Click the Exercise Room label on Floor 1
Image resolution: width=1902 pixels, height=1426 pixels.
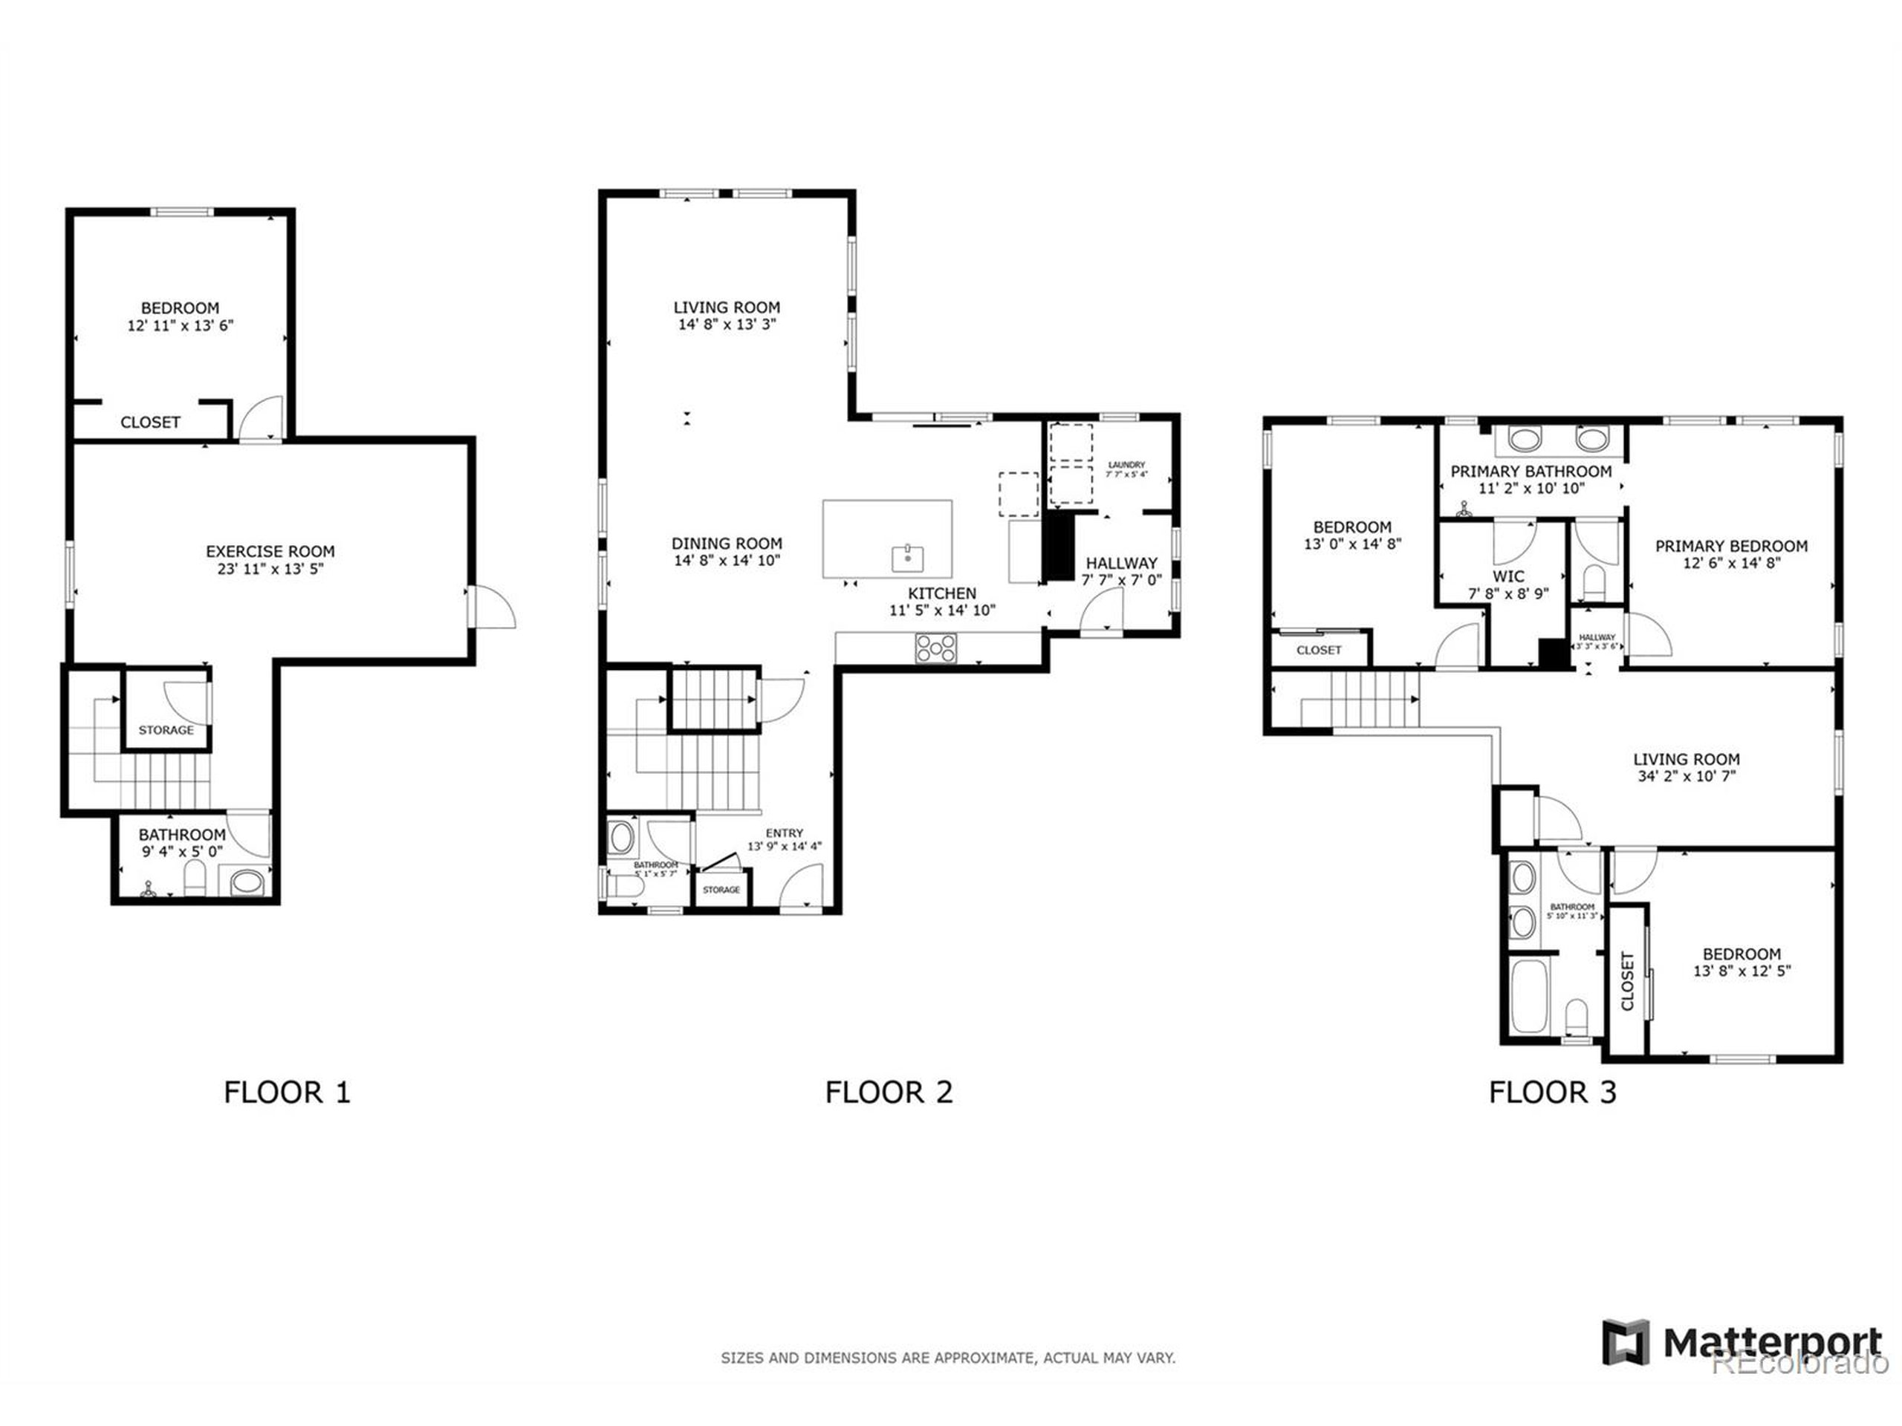pos(270,551)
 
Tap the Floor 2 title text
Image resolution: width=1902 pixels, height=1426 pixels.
pos(889,1093)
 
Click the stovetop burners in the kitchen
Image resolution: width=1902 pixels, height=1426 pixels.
pos(935,648)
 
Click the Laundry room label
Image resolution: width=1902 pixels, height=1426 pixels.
pos(1126,465)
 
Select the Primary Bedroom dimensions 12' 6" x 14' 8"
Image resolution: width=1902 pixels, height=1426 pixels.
pos(1731,564)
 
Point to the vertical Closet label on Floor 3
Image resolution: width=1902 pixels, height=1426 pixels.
pos(1627,981)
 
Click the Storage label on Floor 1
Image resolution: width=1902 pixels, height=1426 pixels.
pos(166,730)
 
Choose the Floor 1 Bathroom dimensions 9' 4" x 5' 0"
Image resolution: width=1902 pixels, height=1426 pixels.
pos(181,852)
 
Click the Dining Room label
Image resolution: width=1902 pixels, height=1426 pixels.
pos(727,543)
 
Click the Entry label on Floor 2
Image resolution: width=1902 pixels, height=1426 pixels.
pos(784,833)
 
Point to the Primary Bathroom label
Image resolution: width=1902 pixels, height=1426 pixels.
pos(1531,471)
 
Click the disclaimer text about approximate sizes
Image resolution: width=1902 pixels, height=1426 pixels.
pos(947,1358)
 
